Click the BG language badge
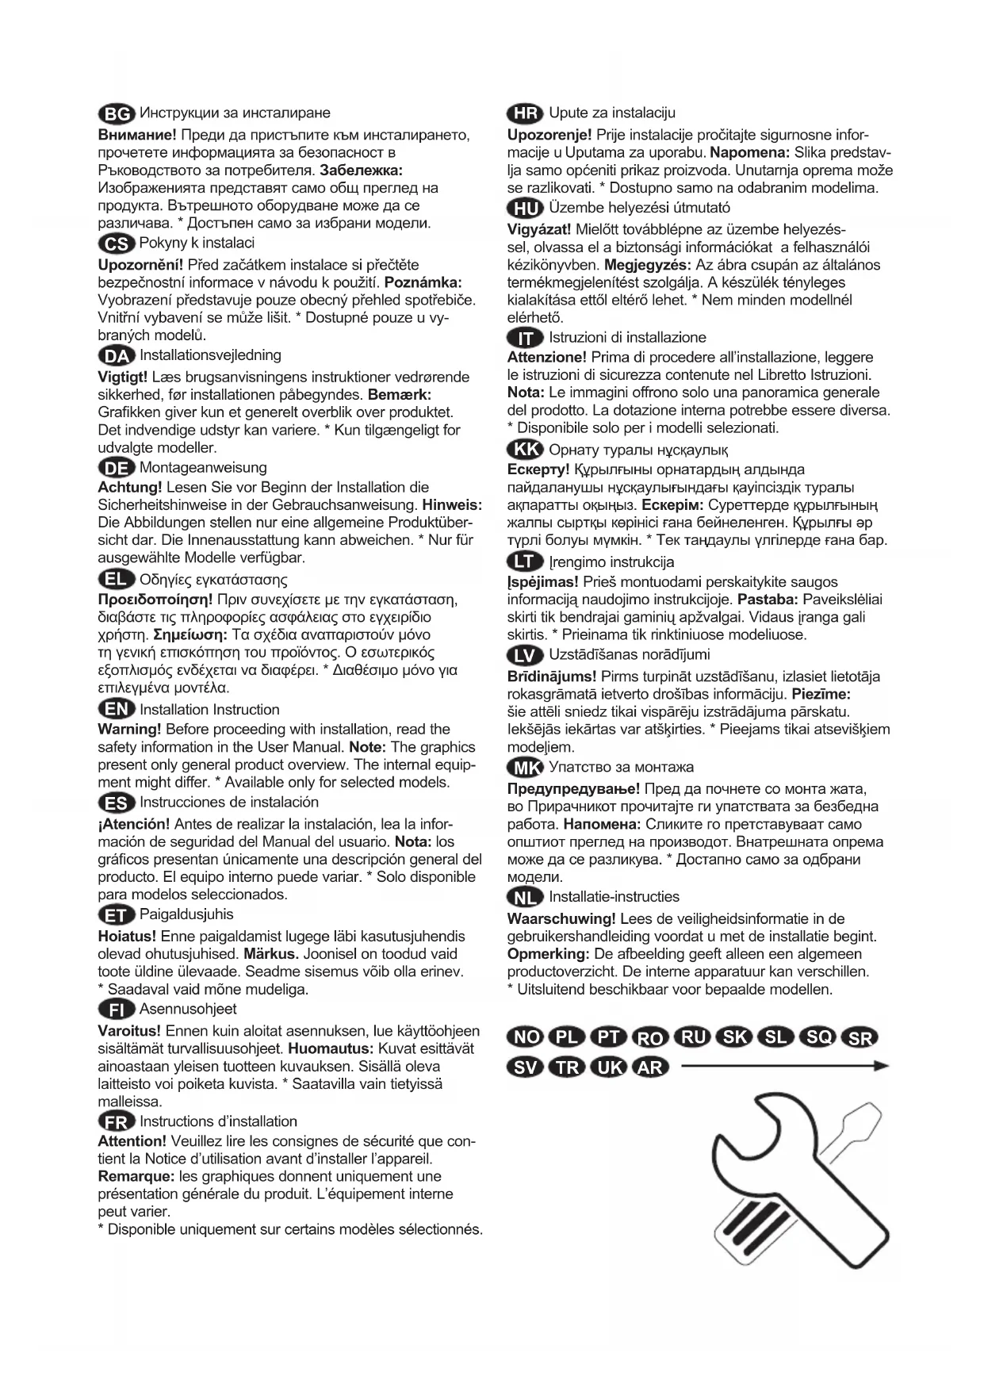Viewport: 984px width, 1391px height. click(x=117, y=114)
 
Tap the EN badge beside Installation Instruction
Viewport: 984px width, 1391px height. click(x=117, y=710)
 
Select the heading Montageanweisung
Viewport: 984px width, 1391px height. click(x=203, y=467)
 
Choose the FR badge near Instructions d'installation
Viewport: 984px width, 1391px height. click(x=117, y=1121)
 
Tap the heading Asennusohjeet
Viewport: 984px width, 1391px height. click(x=188, y=1009)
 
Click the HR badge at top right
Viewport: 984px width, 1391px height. click(x=525, y=113)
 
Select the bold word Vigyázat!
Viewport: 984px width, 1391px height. click(x=539, y=229)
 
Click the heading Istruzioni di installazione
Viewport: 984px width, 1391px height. click(x=627, y=337)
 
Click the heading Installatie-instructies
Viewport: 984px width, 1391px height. click(x=614, y=896)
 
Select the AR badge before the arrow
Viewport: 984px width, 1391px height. click(x=649, y=1067)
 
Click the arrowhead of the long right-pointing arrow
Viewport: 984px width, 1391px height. click(x=880, y=1066)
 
